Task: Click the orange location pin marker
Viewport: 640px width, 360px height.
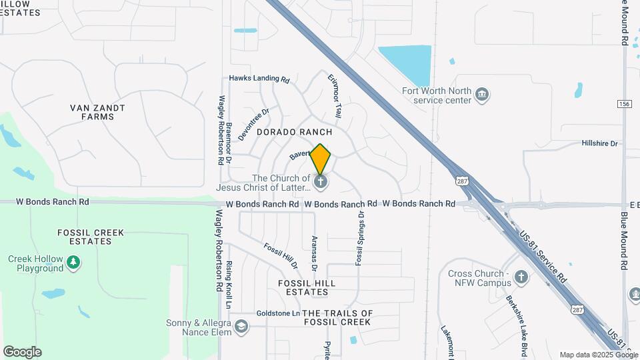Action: point(321,159)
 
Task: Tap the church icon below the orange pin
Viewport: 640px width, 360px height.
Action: point(321,182)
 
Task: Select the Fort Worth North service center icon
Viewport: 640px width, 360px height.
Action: point(482,96)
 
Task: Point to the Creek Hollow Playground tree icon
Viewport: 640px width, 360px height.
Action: point(73,263)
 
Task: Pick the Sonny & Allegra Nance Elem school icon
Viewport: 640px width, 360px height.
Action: point(241,327)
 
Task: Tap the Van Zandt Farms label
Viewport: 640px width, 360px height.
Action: point(97,112)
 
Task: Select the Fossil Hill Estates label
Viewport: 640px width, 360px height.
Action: point(306,288)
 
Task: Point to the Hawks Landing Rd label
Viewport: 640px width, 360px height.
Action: point(259,78)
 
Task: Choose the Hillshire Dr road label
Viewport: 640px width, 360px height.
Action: point(600,143)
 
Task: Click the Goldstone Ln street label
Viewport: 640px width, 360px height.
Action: point(278,313)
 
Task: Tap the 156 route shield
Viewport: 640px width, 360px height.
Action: point(625,103)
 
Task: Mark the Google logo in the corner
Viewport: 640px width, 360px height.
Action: point(22,352)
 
